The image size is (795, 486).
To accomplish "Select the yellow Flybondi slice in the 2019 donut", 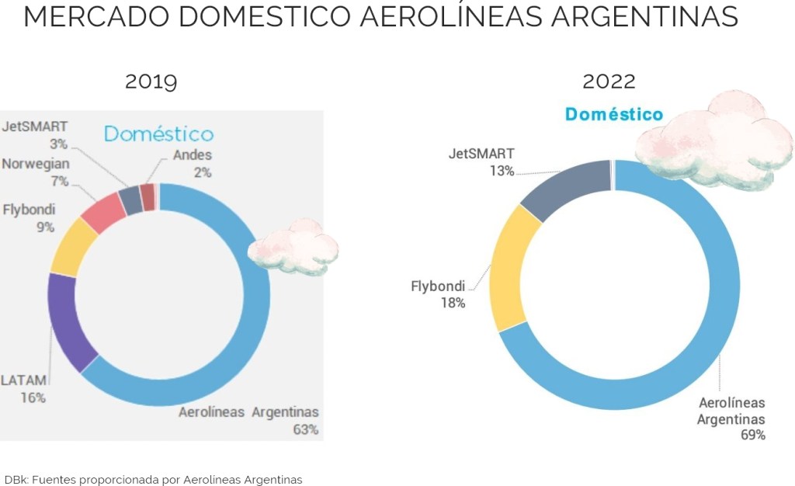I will (72, 245).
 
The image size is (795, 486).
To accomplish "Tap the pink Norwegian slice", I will (102, 210).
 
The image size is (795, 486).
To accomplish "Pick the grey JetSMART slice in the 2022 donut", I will (566, 188).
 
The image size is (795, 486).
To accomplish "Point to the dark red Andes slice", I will (148, 197).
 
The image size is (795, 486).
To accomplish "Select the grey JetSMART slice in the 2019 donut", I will (130, 200).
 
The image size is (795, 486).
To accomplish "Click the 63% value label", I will (304, 429).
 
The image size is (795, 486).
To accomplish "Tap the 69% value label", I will (752, 435).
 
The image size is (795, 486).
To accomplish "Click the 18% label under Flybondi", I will (452, 303).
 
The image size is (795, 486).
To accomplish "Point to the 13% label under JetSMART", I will (501, 171).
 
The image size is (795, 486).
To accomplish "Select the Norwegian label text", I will (36, 164).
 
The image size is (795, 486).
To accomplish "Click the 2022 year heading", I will (609, 82).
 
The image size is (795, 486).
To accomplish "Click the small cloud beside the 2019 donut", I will (294, 246).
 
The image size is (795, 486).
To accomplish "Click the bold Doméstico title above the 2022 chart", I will (614, 115).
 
